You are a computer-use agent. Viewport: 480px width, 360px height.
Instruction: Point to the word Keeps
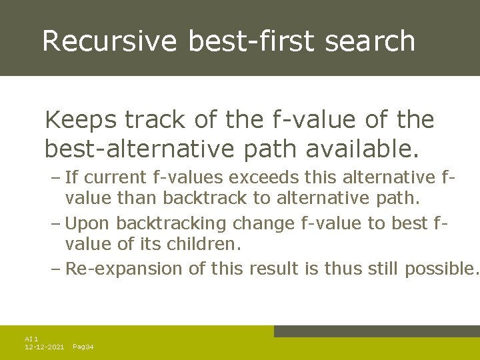point(77,121)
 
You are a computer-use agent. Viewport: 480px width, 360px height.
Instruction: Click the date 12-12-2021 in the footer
point(44,347)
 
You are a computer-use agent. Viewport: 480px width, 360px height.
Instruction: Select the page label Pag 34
point(83,347)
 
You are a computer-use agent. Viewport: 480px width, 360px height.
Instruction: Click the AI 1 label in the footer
point(31,339)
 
